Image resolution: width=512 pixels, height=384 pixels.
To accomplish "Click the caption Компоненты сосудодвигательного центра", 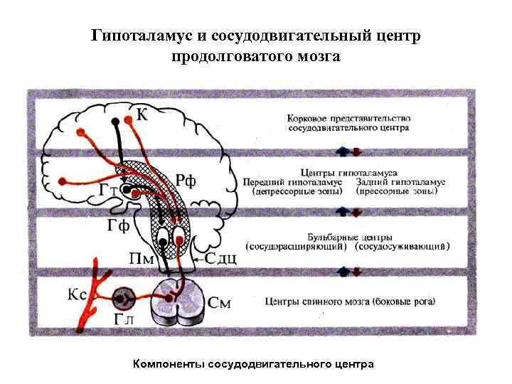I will coord(253,364).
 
